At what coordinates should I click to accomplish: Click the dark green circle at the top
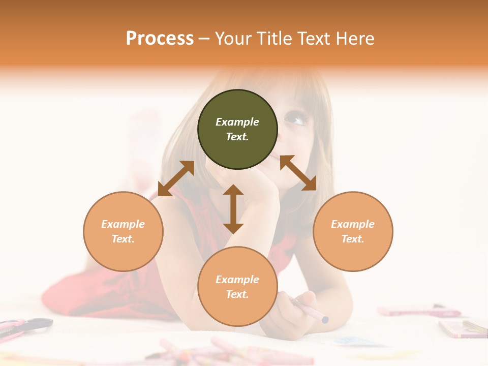(237, 130)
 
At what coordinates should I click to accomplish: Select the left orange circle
(123, 231)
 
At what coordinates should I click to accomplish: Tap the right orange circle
(353, 231)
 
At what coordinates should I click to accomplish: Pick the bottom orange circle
(237, 287)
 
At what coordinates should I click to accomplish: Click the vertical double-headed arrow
(233, 209)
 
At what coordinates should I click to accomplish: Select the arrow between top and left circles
(176, 178)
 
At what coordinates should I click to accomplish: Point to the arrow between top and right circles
(298, 173)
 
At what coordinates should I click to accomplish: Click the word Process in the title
(160, 39)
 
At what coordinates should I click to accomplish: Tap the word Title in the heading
(274, 39)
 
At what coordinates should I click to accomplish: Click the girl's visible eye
(295, 120)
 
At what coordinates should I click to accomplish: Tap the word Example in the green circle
(237, 122)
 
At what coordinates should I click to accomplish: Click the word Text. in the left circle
(123, 239)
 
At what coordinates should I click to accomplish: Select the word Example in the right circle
(353, 224)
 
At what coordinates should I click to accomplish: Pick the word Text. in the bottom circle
(237, 294)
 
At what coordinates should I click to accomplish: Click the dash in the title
(204, 39)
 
